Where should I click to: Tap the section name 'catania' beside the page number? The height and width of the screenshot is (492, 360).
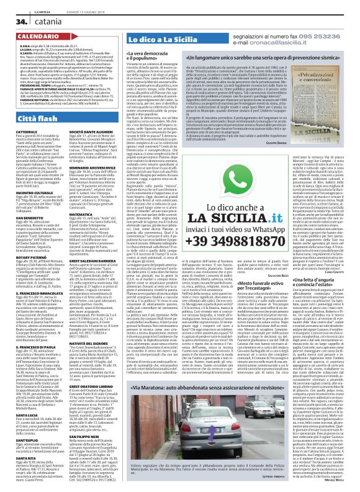[38, 22]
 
